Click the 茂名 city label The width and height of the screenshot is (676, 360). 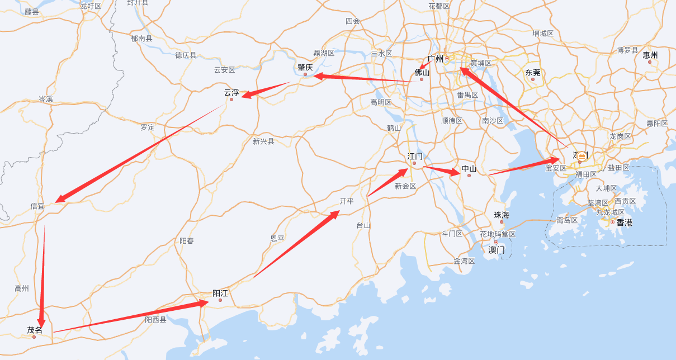(x=35, y=330)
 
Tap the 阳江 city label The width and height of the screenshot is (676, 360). (x=220, y=293)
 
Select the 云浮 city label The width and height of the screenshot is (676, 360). (x=231, y=92)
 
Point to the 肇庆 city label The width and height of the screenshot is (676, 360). (x=305, y=67)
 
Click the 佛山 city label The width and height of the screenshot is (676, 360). (x=422, y=72)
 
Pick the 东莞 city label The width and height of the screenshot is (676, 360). (x=533, y=72)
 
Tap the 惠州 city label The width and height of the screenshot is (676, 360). (x=650, y=55)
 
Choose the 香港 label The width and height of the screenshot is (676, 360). (x=625, y=222)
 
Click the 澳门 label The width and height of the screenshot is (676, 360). (x=497, y=250)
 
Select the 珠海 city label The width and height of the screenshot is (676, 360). (x=502, y=215)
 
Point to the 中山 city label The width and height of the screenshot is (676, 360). (x=469, y=168)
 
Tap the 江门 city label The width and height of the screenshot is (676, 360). (x=415, y=156)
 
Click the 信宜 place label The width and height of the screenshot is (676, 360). (x=37, y=206)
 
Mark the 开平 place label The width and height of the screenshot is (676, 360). (x=347, y=201)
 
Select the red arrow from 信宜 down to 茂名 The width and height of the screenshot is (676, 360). (x=42, y=274)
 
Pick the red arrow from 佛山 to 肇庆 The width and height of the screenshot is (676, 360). (x=363, y=78)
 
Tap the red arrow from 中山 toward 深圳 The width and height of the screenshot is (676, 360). (x=523, y=167)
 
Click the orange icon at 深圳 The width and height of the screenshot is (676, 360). (x=582, y=156)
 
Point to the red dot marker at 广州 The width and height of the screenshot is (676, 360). (x=447, y=58)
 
